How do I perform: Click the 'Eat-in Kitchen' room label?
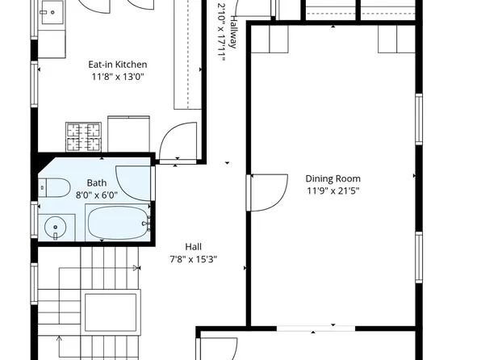(x=118, y=65)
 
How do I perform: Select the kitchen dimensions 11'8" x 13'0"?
(x=118, y=77)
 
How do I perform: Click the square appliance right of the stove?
(x=128, y=134)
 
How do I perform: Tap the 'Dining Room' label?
(x=333, y=178)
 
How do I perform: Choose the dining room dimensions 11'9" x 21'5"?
(x=333, y=191)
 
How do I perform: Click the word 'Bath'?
(x=96, y=182)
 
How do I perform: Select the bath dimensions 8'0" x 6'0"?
(x=96, y=195)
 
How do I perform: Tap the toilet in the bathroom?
(x=56, y=187)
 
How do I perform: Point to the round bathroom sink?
(x=56, y=227)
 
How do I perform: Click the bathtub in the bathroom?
(x=119, y=223)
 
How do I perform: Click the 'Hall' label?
(x=193, y=247)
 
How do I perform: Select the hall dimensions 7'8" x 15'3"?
(x=193, y=260)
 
